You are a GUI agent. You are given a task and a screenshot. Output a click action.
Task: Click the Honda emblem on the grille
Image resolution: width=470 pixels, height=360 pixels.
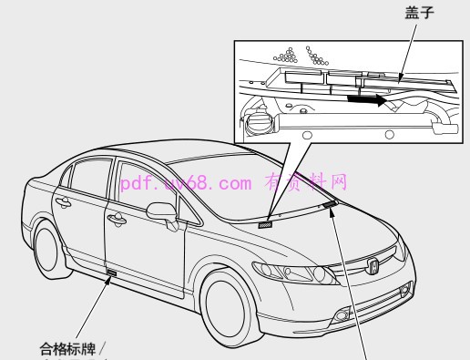(373, 266)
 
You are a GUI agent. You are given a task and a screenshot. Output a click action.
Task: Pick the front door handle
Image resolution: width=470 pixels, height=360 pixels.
(119, 220)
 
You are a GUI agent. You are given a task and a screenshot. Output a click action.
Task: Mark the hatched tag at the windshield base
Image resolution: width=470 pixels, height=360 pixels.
(267, 222)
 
